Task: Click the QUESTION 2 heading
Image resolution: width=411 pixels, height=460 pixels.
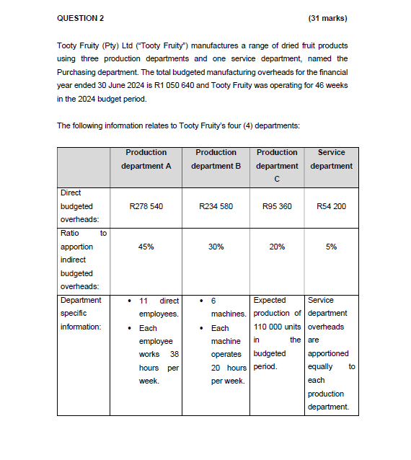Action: click(80, 17)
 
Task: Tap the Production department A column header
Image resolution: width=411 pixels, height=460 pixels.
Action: click(146, 159)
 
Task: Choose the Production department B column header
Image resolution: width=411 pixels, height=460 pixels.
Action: click(216, 159)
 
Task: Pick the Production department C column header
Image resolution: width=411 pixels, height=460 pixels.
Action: click(277, 165)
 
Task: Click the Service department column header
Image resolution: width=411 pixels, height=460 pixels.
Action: click(331, 159)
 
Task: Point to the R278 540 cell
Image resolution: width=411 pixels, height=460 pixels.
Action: click(146, 206)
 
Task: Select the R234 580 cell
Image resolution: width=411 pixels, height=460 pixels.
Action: click(216, 206)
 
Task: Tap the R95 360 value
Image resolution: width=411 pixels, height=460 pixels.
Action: click(277, 206)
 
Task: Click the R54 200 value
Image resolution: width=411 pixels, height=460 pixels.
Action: click(331, 206)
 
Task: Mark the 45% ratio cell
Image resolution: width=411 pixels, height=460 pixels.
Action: click(146, 247)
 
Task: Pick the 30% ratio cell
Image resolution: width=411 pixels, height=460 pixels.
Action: click(216, 247)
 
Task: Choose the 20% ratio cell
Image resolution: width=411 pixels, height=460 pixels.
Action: click(277, 247)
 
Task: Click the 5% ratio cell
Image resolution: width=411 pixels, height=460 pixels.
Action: click(331, 247)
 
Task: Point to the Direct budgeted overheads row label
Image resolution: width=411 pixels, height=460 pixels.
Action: click(80, 206)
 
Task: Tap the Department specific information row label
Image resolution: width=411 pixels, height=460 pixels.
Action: click(81, 314)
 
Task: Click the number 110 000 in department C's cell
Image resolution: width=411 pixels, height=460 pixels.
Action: click(268, 327)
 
